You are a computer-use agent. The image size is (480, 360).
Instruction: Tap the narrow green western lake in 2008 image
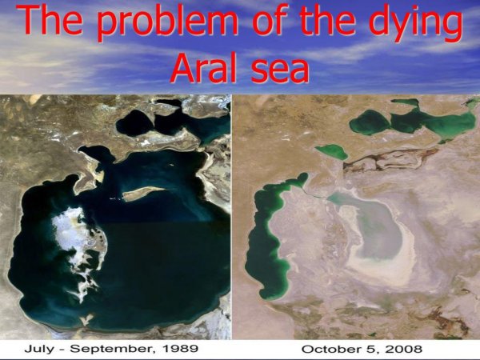[x=267, y=240]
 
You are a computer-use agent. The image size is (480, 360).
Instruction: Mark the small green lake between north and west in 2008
[x=330, y=150]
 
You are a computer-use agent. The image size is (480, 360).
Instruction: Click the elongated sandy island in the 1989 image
[x=142, y=192]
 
